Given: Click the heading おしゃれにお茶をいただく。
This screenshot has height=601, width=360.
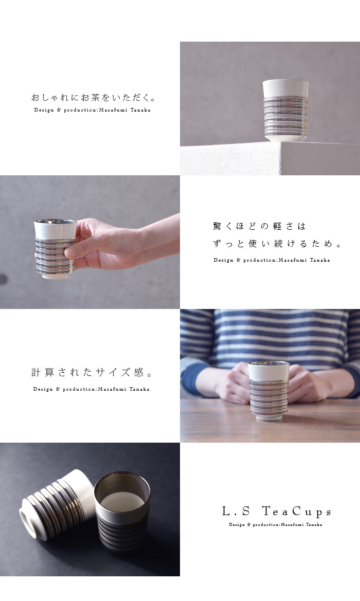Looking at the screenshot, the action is (94, 98).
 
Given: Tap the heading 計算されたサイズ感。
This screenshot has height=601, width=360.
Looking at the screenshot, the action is (92, 372).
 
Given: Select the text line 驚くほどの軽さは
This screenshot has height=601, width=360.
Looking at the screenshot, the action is (260, 226).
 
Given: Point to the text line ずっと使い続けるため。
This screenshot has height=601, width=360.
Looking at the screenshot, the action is (277, 243).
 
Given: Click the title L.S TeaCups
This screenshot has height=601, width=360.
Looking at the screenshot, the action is (276, 512).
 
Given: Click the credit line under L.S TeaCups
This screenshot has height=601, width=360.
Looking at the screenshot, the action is (276, 524).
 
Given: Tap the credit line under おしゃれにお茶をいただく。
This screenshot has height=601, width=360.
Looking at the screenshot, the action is (92, 110).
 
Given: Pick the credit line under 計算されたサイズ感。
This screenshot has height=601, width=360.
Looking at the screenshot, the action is (91, 389).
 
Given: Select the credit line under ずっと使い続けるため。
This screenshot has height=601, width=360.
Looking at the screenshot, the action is (272, 260).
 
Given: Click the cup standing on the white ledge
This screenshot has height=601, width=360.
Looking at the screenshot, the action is (285, 110).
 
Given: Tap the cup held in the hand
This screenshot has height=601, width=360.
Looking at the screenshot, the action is (55, 248).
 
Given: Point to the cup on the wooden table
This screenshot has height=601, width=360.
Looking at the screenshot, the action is (268, 390).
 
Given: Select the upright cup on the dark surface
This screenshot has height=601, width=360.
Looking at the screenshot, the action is (123, 512).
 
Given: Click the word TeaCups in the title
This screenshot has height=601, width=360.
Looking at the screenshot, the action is (297, 512).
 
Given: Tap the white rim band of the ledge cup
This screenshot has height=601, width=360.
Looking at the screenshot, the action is (285, 88).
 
